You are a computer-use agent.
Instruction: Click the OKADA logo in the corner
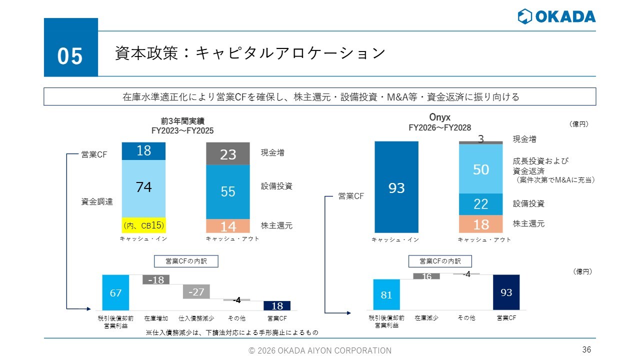coord(556,16)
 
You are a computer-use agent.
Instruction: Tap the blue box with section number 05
coord(71,47)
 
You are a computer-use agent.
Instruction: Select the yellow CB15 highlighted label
coord(143,225)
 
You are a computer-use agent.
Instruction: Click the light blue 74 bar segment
coord(143,188)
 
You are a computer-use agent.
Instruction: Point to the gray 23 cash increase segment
coord(228,153)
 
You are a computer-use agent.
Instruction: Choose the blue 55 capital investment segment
coord(228,192)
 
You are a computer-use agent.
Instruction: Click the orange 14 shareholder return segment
coord(228,226)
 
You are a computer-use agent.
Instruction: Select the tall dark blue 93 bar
coord(396,187)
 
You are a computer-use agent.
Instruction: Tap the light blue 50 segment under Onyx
coord(481,169)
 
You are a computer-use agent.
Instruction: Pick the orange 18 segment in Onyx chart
coord(481,224)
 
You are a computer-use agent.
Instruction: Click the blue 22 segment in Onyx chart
coord(481,204)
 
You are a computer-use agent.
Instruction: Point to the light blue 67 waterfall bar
coord(115,292)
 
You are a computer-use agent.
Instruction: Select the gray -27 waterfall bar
coord(196,291)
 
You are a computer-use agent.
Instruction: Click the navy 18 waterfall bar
coord(277,305)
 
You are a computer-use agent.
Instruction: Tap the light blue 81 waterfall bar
coord(386,294)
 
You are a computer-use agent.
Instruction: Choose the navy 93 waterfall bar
coord(506,292)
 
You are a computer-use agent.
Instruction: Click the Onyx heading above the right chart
coord(439,117)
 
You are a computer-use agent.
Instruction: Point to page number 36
coord(586,349)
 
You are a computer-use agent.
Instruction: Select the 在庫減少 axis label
coord(426,317)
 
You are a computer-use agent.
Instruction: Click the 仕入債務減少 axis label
coord(196,318)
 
